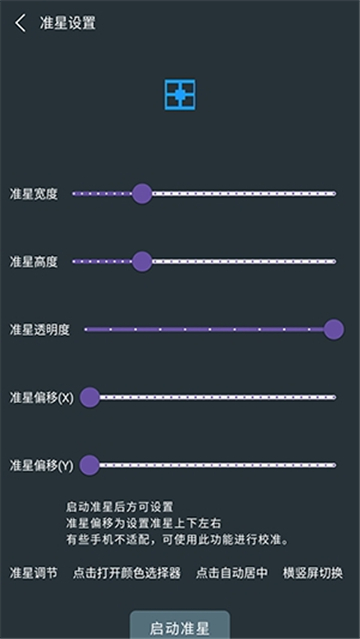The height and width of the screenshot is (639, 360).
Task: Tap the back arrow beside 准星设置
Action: tap(20, 23)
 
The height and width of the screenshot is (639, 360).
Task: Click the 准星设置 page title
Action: tap(68, 23)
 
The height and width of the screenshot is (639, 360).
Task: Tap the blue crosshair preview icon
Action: tap(180, 95)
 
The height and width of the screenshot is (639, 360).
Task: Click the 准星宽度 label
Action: tap(33, 194)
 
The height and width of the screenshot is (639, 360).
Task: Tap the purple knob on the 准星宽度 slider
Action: tap(142, 194)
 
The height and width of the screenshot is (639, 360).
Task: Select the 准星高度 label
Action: tap(33, 262)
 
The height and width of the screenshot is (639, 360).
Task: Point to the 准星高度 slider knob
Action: tap(142, 261)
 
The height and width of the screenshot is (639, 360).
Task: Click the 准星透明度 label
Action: tap(40, 330)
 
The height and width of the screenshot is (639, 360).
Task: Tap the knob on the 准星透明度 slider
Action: tap(334, 329)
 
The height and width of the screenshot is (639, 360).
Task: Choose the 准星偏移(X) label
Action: tap(42, 398)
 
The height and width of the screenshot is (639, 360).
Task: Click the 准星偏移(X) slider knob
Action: tap(90, 397)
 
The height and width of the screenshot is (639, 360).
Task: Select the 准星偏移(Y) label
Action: tap(42, 466)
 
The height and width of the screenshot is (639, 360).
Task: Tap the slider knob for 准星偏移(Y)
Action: tap(90, 465)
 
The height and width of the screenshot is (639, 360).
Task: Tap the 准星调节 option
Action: tap(33, 573)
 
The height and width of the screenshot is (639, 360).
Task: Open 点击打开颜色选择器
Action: tap(126, 573)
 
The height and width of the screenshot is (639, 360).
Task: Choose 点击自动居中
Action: tap(232, 573)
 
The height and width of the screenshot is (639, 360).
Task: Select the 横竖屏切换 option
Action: tap(313, 573)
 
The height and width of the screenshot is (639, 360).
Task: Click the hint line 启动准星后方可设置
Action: tap(119, 507)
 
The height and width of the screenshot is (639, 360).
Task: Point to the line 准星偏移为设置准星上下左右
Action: tap(144, 524)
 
